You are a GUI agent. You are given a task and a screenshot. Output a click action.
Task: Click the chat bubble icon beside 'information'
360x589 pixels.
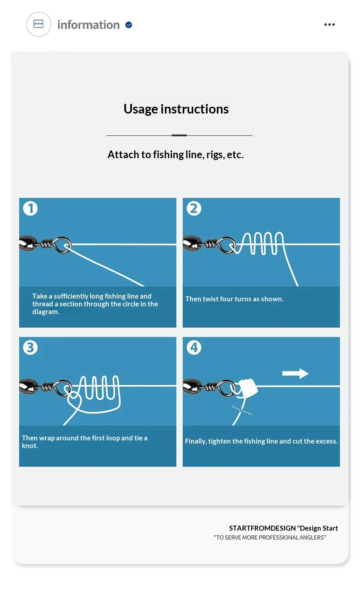click(x=39, y=24)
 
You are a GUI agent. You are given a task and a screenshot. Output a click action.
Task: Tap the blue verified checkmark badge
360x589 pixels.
click(x=129, y=25)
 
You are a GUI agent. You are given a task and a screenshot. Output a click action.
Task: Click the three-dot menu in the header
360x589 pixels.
click(x=329, y=25)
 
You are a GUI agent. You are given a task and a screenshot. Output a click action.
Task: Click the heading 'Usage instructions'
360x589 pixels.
click(x=176, y=109)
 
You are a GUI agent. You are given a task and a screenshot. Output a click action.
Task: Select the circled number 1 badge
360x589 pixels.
click(x=31, y=208)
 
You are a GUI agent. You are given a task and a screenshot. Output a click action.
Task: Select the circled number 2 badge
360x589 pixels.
click(x=194, y=208)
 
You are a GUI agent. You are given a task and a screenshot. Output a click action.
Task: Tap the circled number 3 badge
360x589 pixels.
click(x=31, y=347)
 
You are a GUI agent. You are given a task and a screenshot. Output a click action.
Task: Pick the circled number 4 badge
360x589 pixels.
click(x=194, y=347)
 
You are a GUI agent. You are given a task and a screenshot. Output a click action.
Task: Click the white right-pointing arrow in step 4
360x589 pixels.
click(x=295, y=373)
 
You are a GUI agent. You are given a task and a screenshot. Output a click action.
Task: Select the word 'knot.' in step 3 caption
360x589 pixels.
click(x=30, y=446)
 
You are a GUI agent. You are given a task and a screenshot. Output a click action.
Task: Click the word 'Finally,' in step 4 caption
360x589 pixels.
click(x=196, y=441)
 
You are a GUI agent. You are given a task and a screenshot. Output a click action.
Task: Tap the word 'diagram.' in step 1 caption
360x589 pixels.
click(x=46, y=312)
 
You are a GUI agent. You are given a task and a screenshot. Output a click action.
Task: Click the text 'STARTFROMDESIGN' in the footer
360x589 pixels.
click(x=262, y=528)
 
